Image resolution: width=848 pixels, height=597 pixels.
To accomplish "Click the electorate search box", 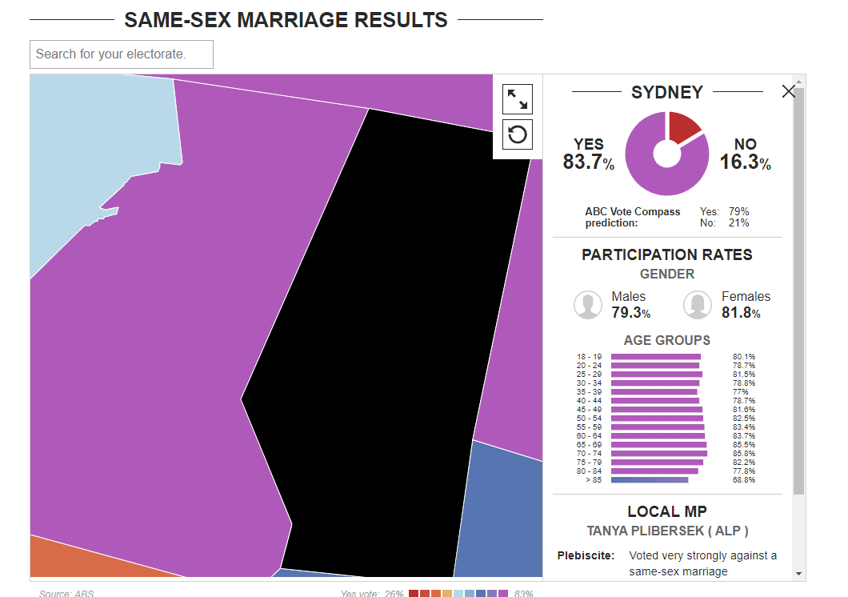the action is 122,54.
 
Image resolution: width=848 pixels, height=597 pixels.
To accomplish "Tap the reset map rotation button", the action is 518,134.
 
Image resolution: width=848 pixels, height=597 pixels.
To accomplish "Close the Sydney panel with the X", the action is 789,91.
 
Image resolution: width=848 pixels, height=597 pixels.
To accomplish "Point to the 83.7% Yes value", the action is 589,162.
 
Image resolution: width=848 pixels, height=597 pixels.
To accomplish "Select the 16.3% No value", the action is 746,162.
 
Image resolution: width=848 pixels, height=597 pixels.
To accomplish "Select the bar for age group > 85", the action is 650,479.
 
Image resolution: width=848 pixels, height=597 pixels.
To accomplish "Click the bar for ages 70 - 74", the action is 658,453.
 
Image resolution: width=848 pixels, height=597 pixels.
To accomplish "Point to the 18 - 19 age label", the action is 589,356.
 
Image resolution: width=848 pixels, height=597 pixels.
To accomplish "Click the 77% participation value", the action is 740,391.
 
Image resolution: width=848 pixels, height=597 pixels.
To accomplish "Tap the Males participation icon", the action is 588,304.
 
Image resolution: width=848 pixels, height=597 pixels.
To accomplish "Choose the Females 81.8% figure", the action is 741,313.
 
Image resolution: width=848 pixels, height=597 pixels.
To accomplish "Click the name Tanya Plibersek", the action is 646,531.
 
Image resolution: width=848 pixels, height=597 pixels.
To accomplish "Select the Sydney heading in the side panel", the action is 667,92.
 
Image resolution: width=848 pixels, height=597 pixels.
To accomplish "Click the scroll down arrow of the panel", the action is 798,574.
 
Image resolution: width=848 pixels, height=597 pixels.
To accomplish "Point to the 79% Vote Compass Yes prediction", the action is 738,211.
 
